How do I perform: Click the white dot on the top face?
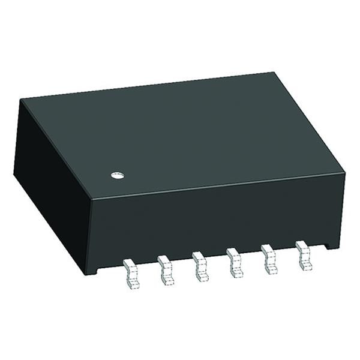click(x=118, y=175)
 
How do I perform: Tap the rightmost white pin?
click(x=304, y=252)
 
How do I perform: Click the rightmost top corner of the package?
click(x=346, y=173)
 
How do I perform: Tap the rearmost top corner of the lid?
click(x=275, y=73)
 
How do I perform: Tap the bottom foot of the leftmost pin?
click(x=131, y=284)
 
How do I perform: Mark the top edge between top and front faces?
click(x=216, y=188)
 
